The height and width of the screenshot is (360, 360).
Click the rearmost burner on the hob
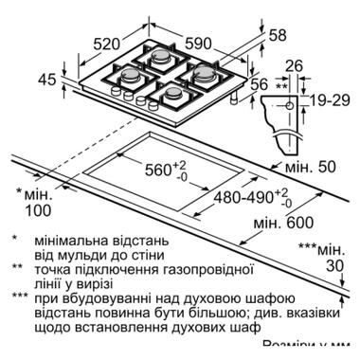[x=159, y=57]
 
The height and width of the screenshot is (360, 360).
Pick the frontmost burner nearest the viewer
[x=175, y=92]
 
